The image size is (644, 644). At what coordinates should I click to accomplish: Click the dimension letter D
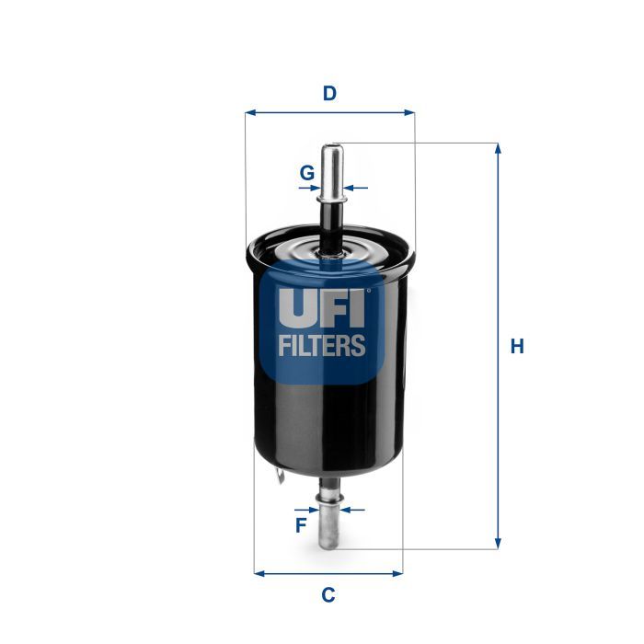(329, 93)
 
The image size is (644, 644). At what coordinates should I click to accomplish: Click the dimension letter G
(307, 172)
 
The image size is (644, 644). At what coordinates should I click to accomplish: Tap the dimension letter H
(518, 347)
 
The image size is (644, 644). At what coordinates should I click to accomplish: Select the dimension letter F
(300, 526)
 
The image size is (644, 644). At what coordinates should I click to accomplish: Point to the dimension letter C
(328, 595)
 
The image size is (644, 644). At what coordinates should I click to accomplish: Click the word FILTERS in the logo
(322, 346)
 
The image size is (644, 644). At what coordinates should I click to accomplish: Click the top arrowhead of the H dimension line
(498, 149)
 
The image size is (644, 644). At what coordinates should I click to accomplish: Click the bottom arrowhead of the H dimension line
(498, 543)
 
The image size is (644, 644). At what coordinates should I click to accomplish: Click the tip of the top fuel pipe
(332, 146)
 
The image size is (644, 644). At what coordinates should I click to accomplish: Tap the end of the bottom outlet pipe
(329, 546)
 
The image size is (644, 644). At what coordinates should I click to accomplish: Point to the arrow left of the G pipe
(310, 188)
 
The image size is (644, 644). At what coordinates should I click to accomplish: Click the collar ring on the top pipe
(331, 190)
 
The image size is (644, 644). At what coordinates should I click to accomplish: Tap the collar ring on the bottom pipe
(328, 502)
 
